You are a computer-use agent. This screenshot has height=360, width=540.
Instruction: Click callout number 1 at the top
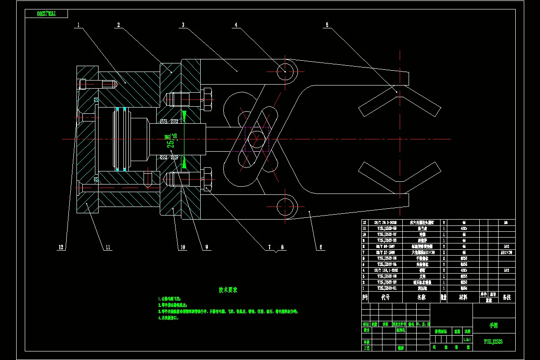pyautogui.click(x=78, y=26)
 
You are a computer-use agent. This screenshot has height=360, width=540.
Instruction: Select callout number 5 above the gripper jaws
pyautogui.click(x=327, y=26)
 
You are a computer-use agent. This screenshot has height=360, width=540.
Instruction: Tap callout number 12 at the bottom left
pyautogui.click(x=61, y=247)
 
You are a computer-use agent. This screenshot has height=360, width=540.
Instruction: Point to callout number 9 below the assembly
pyautogui.click(x=207, y=247)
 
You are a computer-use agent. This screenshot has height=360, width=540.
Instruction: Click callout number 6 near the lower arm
pyautogui.click(x=321, y=247)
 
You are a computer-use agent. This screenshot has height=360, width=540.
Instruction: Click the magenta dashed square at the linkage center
pyautogui.click(x=257, y=139)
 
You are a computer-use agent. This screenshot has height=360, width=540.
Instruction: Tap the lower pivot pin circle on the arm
pyautogui.click(x=285, y=207)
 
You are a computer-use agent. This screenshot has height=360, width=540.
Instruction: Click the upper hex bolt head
pyautogui.click(x=207, y=99)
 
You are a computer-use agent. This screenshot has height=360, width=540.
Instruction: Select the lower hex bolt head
pyautogui.click(x=207, y=179)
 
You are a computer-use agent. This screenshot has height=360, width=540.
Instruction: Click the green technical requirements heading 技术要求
pyautogui.click(x=228, y=290)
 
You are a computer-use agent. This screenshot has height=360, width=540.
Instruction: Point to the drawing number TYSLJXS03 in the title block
pyautogui.click(x=493, y=342)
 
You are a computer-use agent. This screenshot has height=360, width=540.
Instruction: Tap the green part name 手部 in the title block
pyautogui.click(x=494, y=325)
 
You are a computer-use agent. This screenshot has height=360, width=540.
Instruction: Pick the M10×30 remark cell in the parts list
pyautogui.click(x=506, y=252)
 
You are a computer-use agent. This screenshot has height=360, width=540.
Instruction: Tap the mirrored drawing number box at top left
pyautogui.click(x=47, y=13)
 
